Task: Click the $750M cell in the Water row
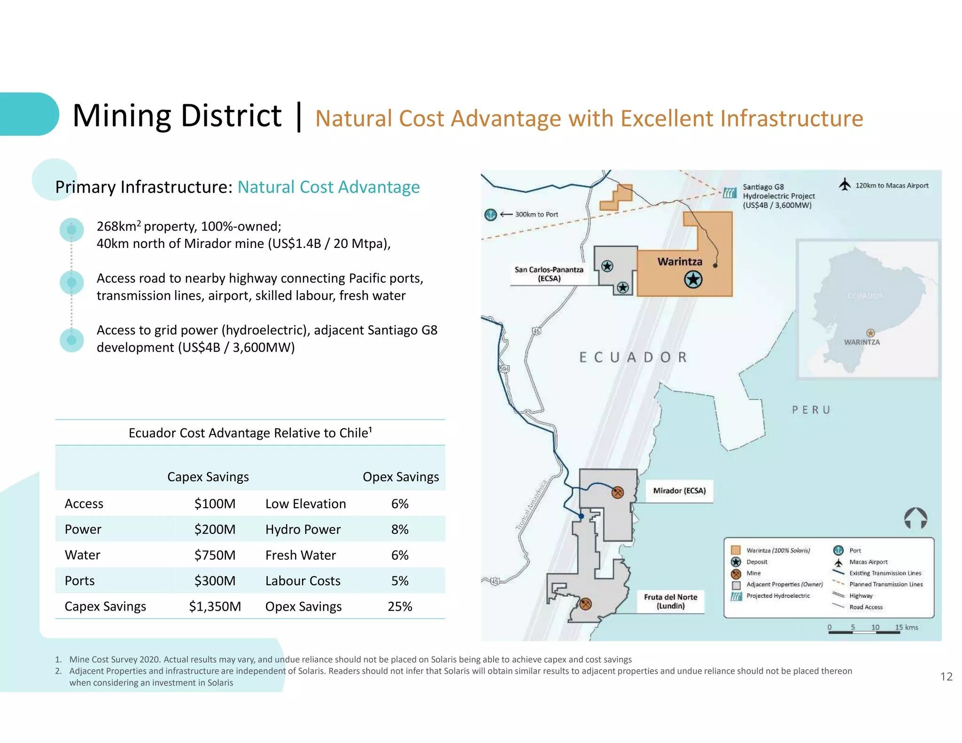pyautogui.click(x=215, y=555)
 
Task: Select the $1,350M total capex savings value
pyautogui.click(x=215, y=606)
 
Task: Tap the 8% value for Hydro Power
pyautogui.click(x=400, y=529)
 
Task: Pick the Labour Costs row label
pyautogui.click(x=303, y=581)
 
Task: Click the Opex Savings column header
pyautogui.click(x=401, y=477)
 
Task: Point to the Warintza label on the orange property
pyautogui.click(x=680, y=262)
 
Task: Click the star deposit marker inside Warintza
pyautogui.click(x=693, y=280)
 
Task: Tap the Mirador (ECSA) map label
pyautogui.click(x=679, y=491)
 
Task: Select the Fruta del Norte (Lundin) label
pyautogui.click(x=670, y=601)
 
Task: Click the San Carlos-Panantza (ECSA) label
pyautogui.click(x=549, y=274)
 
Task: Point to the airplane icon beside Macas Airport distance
pyautogui.click(x=845, y=184)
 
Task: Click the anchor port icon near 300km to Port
pyautogui.click(x=490, y=215)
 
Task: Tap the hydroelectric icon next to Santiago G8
pyautogui.click(x=729, y=193)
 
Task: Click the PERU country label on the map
pyautogui.click(x=811, y=410)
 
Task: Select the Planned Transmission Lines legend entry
pyautogui.click(x=885, y=584)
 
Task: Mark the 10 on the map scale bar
pyautogui.click(x=875, y=627)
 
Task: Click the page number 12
pyautogui.click(x=946, y=676)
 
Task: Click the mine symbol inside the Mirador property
pyautogui.click(x=618, y=492)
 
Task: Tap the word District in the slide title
pyautogui.click(x=231, y=116)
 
